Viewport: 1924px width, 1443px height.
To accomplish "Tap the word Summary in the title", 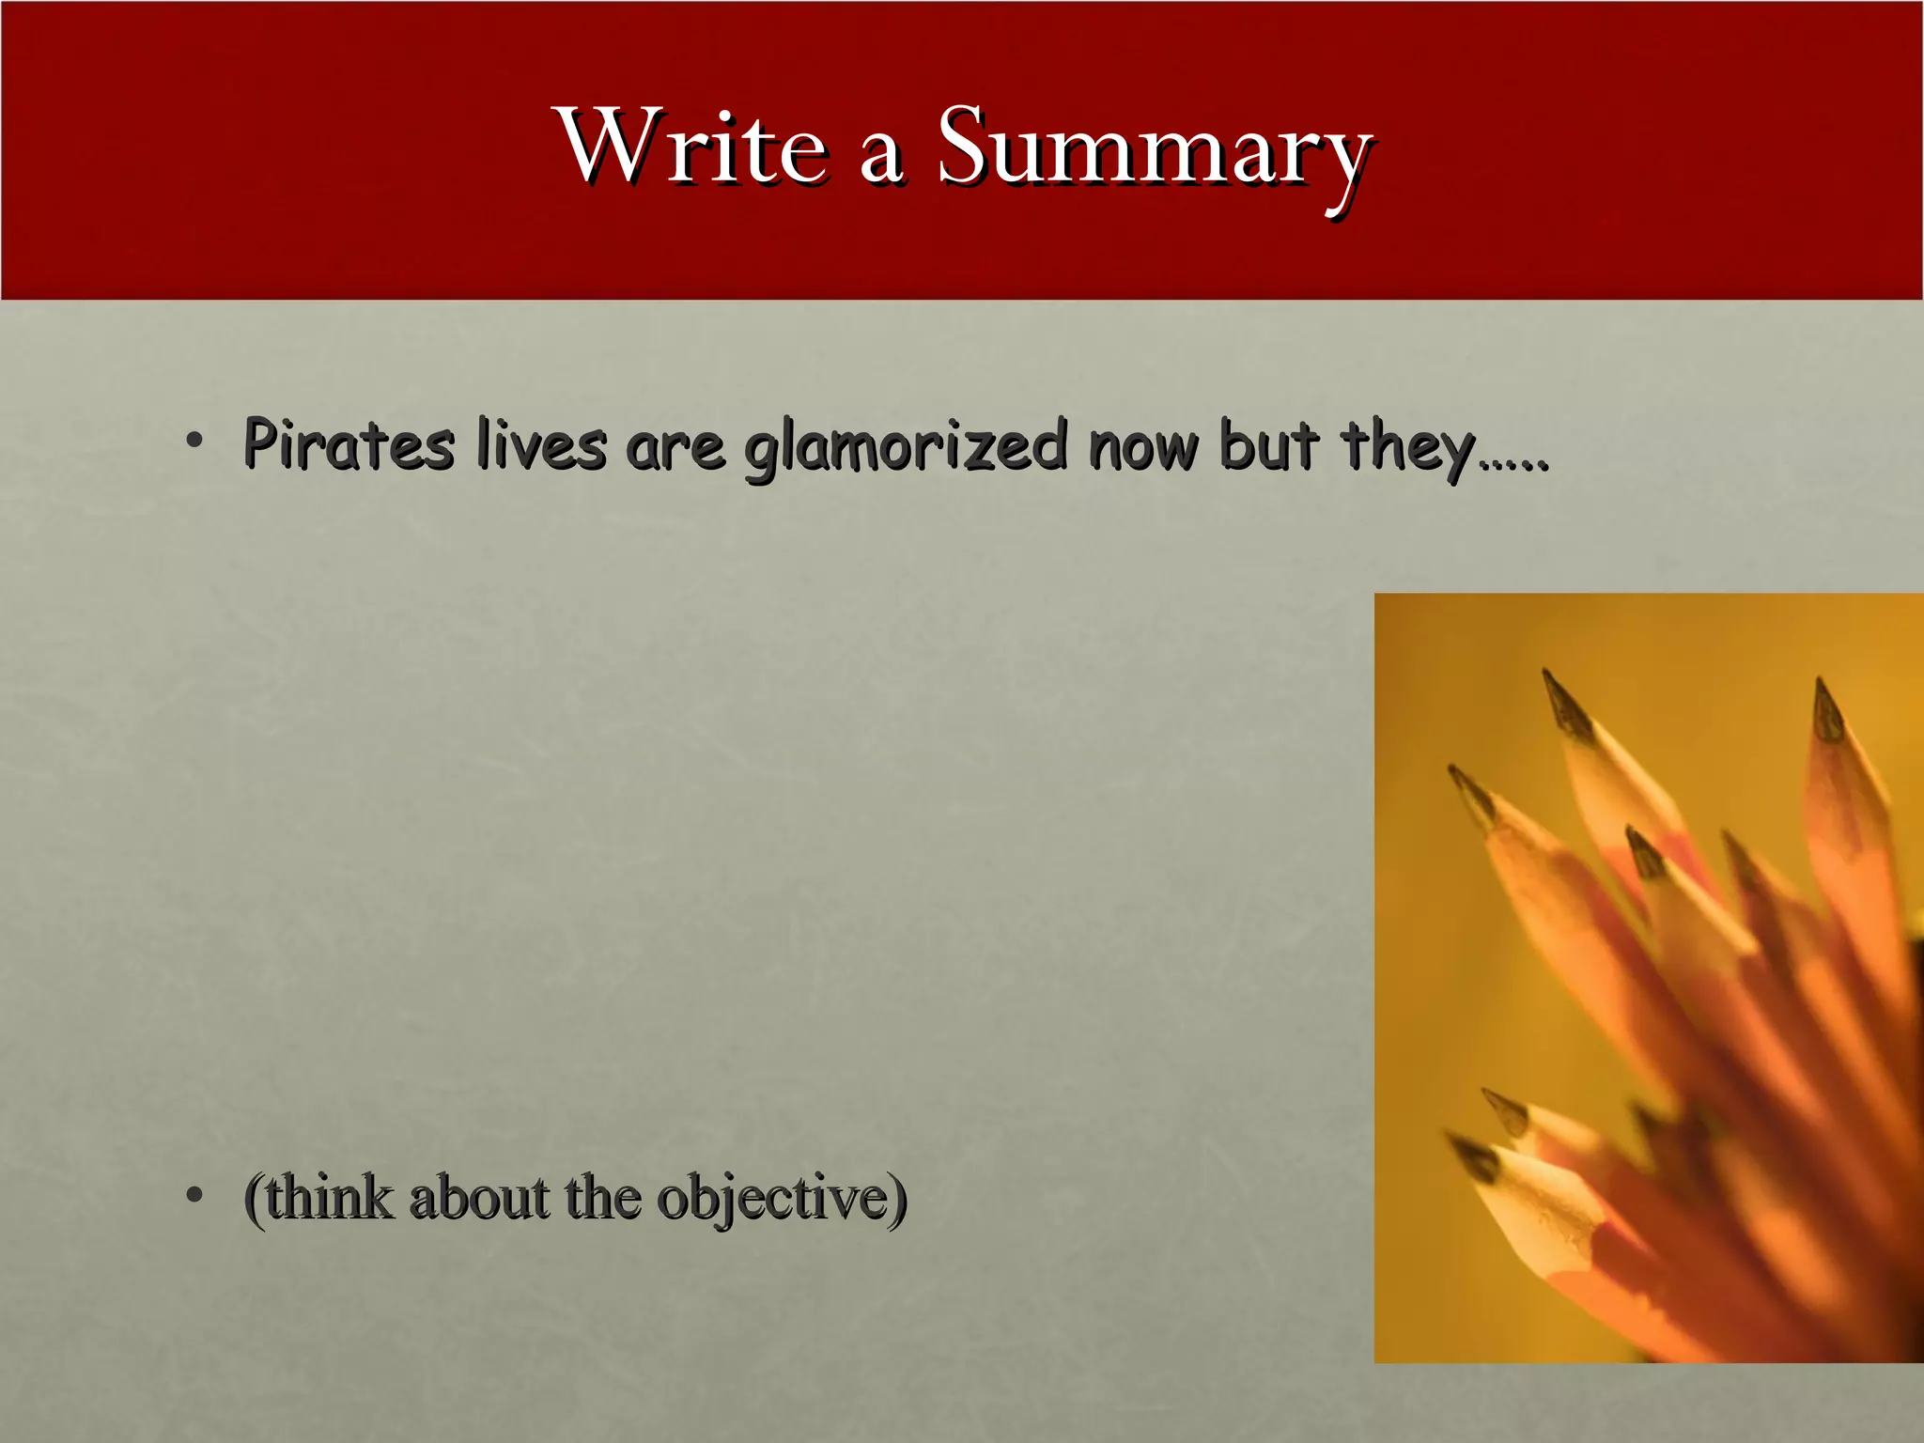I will [1155, 148].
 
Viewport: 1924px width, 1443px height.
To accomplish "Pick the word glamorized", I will [906, 447].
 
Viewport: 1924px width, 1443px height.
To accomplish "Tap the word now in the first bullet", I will [1142, 447].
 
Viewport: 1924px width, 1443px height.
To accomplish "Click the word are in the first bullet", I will [675, 449].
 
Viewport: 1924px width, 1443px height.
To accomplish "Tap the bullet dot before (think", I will [194, 1195].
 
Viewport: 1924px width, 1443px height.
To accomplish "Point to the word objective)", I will [782, 1200].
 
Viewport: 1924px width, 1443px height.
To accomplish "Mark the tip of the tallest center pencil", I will [1546, 673].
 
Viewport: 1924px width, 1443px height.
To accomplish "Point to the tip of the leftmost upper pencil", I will [1453, 768].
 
